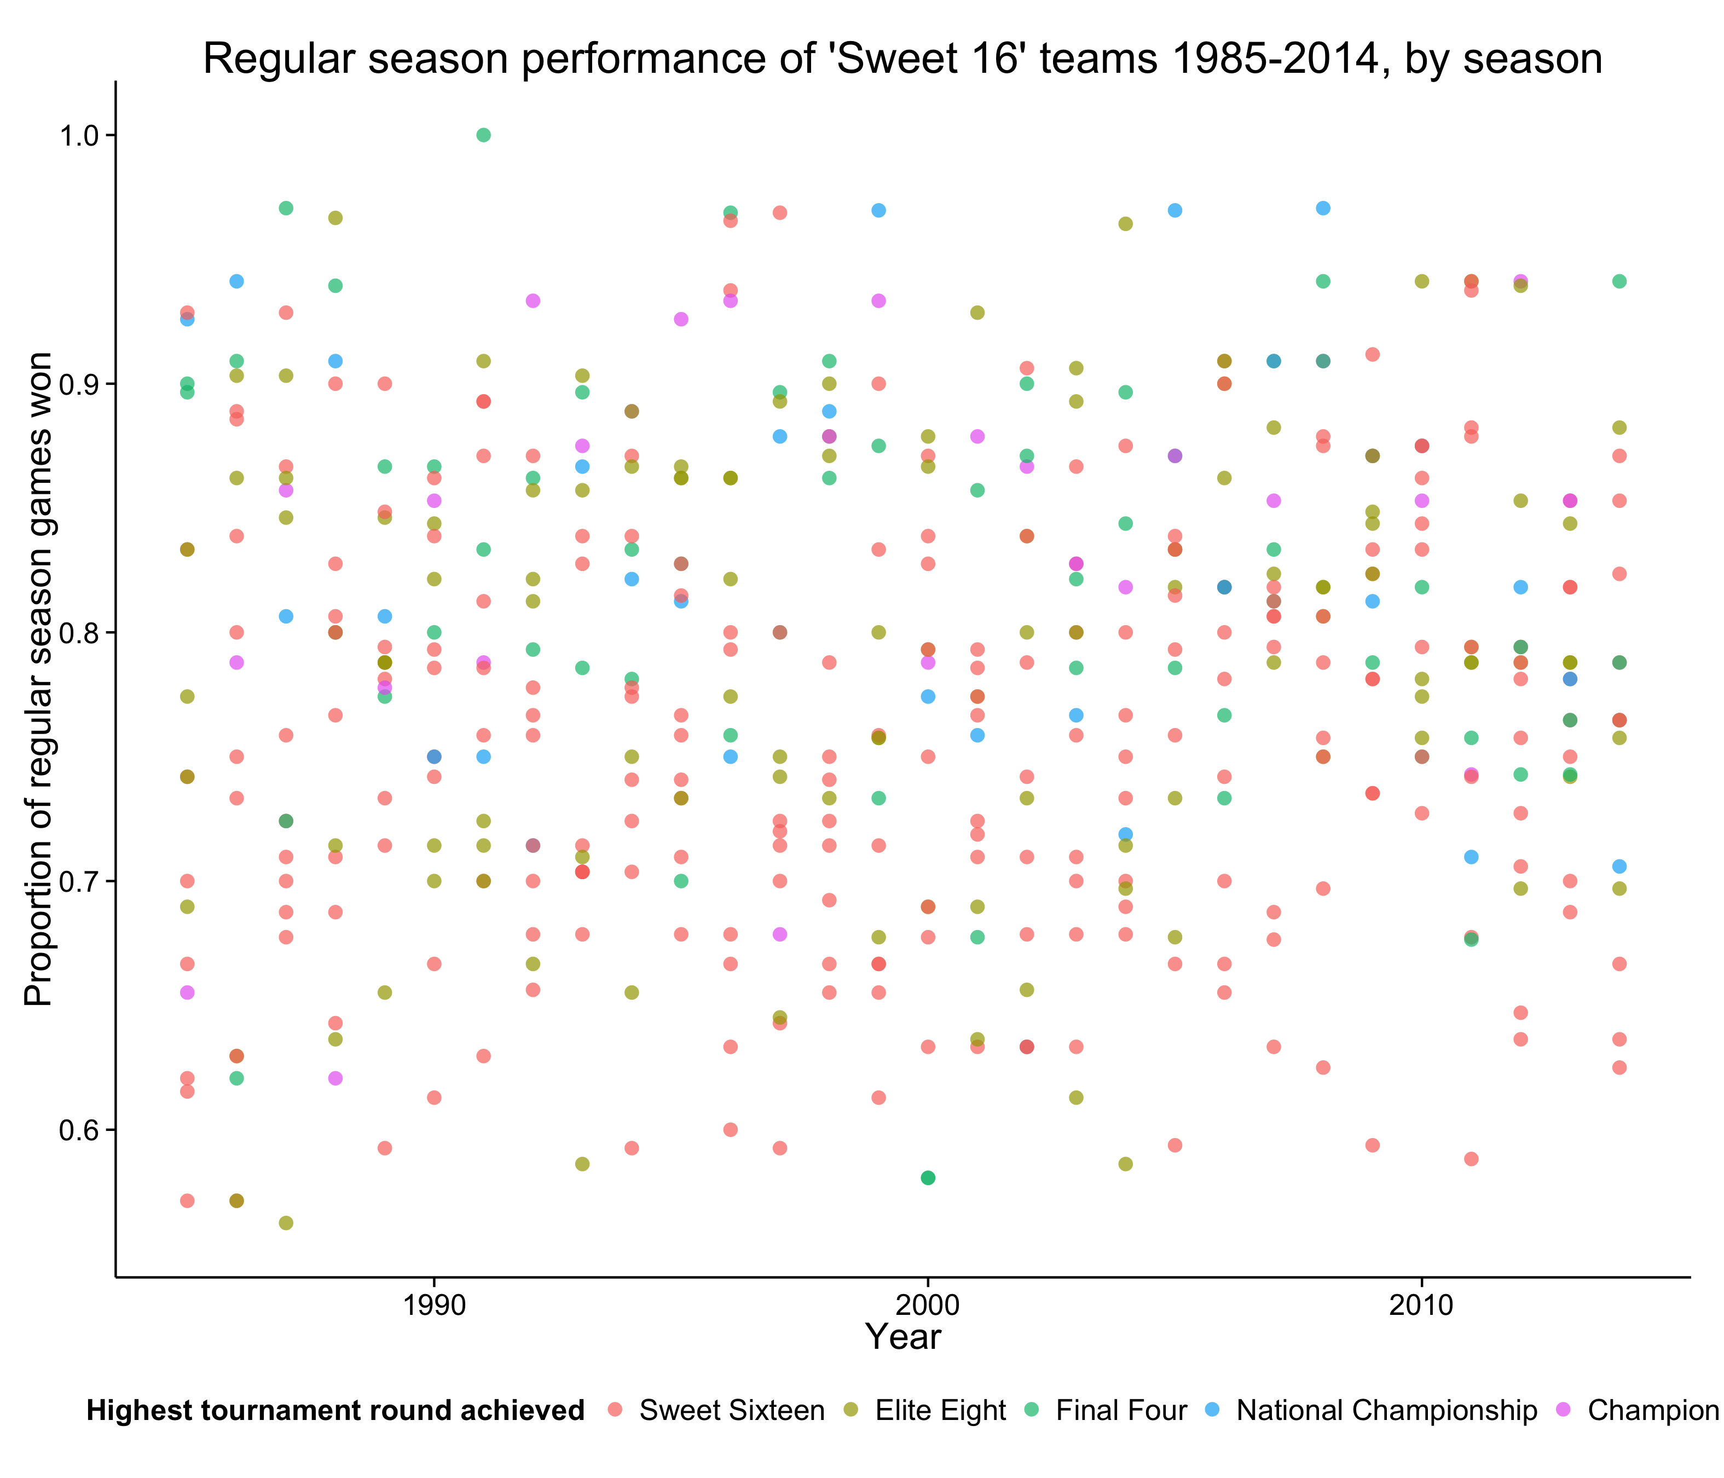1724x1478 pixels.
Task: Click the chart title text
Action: [x=903, y=59]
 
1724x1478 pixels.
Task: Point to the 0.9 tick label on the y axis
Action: [x=78, y=384]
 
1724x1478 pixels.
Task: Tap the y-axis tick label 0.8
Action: [x=78, y=632]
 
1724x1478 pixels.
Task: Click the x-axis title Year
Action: [x=903, y=1337]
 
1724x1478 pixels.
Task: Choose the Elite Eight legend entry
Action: [x=925, y=1411]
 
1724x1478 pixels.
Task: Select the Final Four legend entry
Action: [x=1106, y=1411]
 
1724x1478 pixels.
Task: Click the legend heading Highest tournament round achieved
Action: [x=335, y=1411]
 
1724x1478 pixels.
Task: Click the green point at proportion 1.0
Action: [x=483, y=135]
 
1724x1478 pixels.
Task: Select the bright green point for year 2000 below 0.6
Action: [x=928, y=1177]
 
